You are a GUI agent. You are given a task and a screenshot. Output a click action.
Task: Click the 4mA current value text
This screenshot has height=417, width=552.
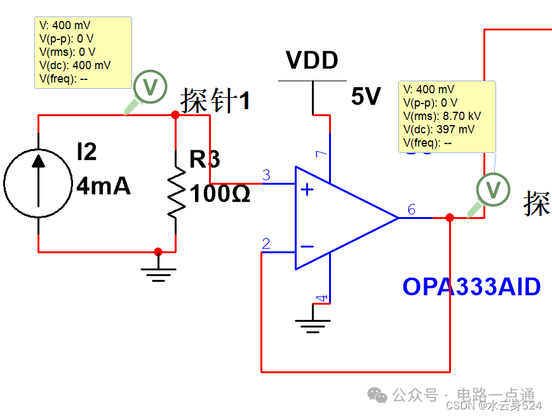(104, 186)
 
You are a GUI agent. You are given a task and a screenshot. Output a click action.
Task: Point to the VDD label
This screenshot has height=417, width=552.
(312, 61)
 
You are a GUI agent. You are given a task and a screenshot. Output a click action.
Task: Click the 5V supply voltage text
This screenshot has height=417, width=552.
(365, 96)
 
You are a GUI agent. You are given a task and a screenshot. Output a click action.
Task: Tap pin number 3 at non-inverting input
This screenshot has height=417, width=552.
(266, 175)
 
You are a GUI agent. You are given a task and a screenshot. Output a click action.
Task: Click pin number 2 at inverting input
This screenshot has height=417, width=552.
(266, 244)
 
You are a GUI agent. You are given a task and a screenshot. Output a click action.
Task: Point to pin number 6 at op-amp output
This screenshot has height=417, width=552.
(412, 210)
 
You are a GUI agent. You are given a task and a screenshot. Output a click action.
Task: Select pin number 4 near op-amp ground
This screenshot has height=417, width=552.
(321, 297)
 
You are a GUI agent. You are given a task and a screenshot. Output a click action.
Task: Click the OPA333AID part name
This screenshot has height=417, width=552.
(471, 287)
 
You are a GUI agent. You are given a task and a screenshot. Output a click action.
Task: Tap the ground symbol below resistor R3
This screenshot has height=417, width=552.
(159, 272)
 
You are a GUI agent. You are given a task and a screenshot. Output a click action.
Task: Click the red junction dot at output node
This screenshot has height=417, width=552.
(450, 218)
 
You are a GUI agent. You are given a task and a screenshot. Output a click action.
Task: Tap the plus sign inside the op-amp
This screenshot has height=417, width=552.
(307, 190)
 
